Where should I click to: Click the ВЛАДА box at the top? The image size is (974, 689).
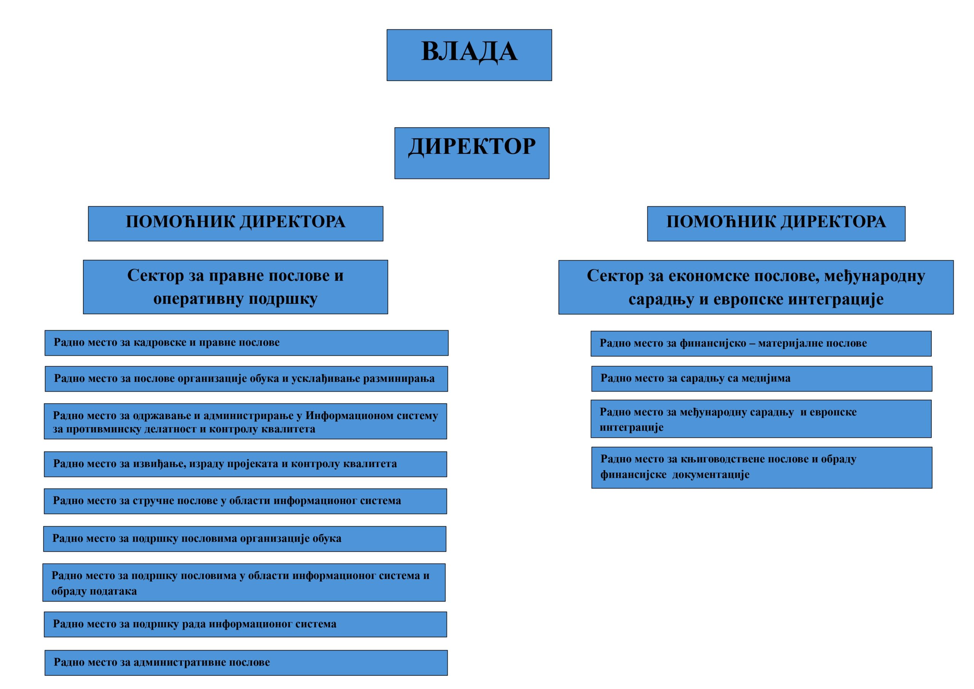(469, 55)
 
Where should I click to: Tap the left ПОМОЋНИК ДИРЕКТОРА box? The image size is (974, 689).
(236, 223)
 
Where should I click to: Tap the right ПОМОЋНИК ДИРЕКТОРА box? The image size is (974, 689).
(776, 223)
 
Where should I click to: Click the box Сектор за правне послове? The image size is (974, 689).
(236, 287)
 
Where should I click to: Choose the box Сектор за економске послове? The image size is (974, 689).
(756, 287)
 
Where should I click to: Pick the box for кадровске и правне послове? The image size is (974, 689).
(247, 343)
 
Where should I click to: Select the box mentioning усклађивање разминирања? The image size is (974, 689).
(247, 379)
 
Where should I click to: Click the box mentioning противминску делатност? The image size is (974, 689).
(245, 421)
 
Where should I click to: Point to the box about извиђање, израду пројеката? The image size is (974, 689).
(245, 464)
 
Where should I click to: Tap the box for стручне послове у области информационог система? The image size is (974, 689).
(245, 501)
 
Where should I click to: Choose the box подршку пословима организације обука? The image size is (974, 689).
(245, 539)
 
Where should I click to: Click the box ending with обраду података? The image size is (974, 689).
(244, 582)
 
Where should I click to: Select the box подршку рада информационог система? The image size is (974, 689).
(245, 624)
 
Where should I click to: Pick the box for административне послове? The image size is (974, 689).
(246, 663)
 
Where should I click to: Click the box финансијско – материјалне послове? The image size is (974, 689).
(761, 343)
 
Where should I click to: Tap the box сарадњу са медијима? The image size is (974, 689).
(761, 379)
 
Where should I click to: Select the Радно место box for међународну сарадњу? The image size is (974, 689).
(761, 419)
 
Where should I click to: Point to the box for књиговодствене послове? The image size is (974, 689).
(761, 467)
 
